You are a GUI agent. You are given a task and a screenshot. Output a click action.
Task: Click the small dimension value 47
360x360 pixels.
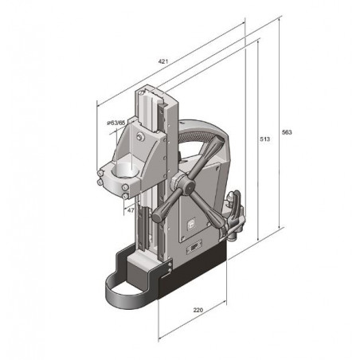coord(130,211)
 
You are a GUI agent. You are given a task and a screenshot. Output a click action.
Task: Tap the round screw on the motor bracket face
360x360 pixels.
coord(141,138)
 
